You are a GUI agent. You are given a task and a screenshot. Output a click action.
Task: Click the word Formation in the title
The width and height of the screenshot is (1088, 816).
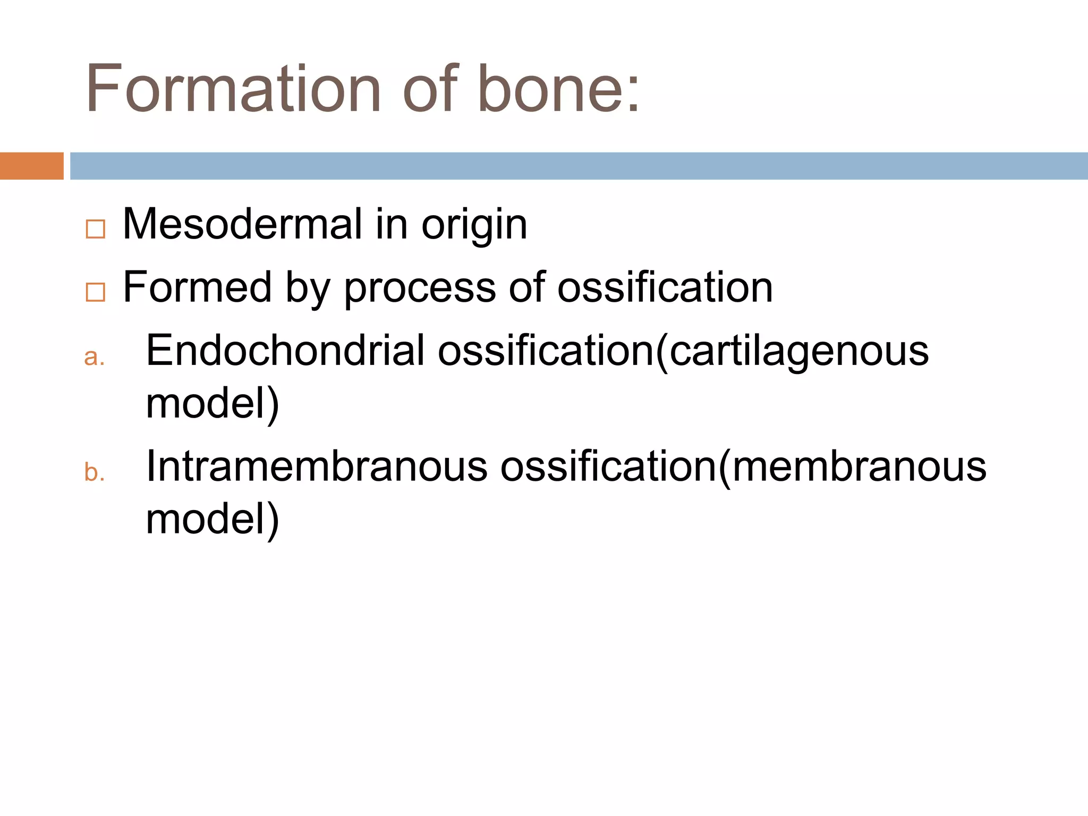point(233,89)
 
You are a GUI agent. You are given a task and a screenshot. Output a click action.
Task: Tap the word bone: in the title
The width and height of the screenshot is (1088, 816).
point(558,89)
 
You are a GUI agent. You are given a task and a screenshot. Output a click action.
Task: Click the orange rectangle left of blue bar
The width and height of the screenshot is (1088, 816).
point(31,166)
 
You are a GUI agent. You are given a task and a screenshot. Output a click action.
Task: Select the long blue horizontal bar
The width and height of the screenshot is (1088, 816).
point(578,166)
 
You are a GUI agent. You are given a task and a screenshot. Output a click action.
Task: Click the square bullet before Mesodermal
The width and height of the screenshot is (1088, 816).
point(95,229)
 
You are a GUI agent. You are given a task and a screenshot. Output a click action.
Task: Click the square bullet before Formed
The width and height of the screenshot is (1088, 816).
point(95,292)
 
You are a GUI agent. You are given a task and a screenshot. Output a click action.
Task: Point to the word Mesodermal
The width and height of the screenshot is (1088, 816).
point(242,224)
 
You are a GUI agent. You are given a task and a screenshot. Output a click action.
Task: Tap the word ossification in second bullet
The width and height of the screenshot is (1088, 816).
point(665,287)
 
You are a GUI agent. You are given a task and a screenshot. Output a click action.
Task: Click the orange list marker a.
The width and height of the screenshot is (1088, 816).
point(94,358)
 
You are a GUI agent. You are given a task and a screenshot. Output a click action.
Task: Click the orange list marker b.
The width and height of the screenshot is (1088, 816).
point(94,472)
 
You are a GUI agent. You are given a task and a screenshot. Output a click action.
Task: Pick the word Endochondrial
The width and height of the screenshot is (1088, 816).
point(285,351)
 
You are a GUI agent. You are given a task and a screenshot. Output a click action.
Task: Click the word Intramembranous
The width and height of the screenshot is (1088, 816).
point(317,466)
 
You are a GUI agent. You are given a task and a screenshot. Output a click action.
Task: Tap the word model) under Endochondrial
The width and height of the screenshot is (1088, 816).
point(212,404)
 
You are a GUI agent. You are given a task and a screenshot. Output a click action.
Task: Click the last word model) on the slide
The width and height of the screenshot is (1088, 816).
point(212,520)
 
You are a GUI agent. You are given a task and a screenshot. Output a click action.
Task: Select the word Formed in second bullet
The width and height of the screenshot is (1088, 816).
point(197,287)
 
